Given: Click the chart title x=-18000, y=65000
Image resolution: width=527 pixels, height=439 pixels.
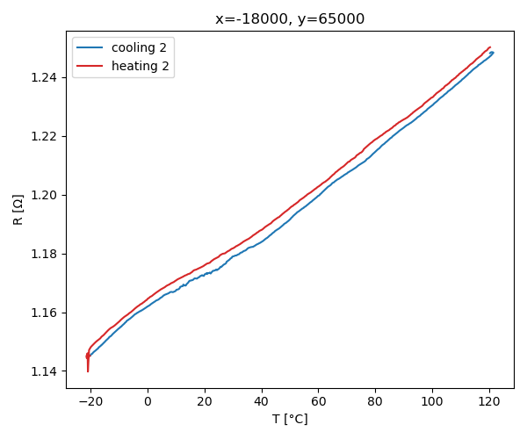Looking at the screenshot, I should coord(290,19).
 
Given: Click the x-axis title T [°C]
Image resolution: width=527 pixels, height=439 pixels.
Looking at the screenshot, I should coord(290,420).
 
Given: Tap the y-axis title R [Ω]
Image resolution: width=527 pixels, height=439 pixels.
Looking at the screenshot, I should coord(18,209).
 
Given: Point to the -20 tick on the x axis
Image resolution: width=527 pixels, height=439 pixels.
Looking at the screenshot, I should coord(90,401).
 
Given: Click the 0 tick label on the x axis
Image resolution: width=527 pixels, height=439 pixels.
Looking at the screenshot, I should coord(148,401).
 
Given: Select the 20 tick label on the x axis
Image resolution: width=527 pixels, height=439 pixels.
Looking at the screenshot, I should coord(205,401).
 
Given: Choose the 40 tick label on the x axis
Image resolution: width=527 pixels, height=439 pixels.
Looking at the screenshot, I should coord(262,401).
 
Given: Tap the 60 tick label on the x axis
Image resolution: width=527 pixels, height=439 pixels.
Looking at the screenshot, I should coord(319,401).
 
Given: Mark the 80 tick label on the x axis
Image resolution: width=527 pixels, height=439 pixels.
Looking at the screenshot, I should coord(376,401).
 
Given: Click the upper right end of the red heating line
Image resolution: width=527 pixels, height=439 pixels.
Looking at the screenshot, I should coord(489,47).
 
